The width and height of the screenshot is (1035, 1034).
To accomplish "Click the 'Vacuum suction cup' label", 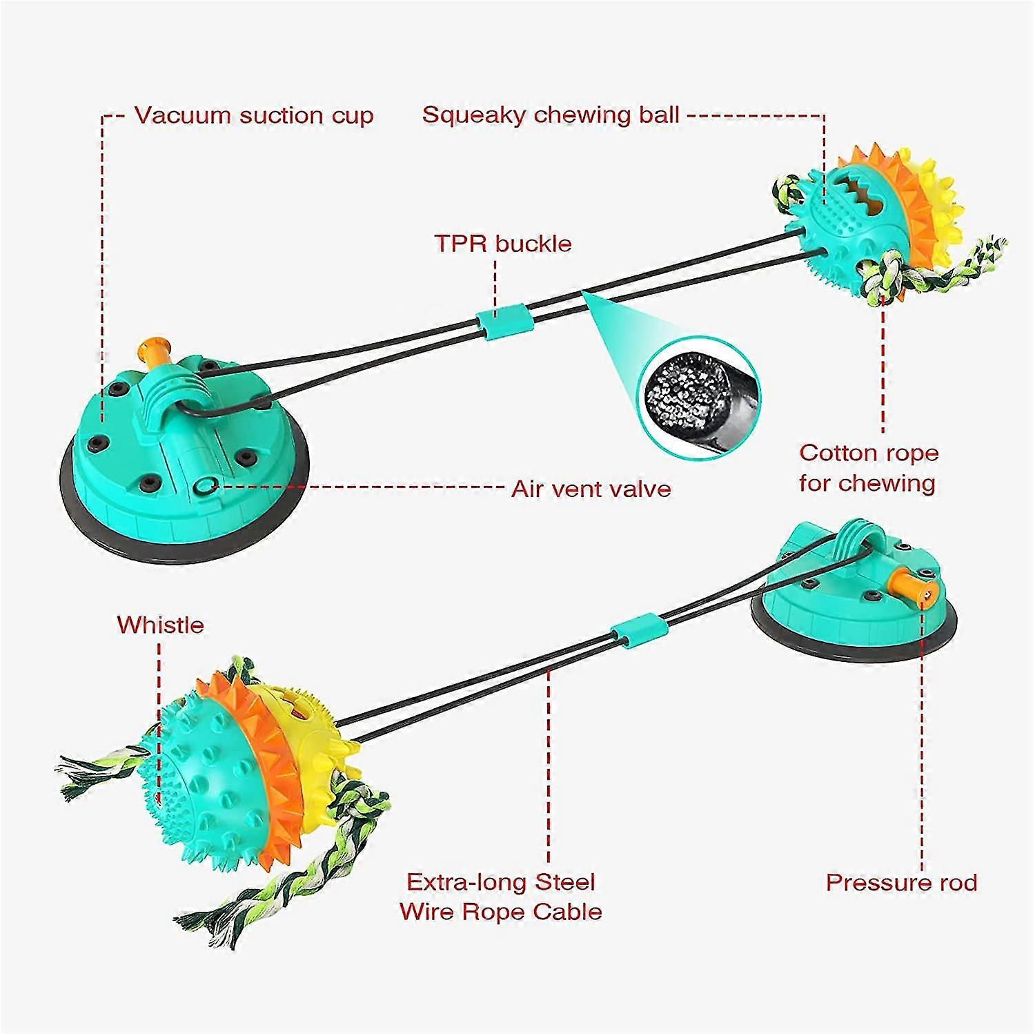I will coord(253,115).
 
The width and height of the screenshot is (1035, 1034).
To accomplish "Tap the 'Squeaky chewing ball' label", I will coord(551,114).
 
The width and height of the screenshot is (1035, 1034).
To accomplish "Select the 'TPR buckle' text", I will coord(503,243).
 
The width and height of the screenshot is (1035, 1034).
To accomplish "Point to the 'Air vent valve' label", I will coord(591,489).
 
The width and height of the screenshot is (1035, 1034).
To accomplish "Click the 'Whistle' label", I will coord(160,625).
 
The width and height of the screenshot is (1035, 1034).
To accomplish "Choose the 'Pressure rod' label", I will coord(901,882).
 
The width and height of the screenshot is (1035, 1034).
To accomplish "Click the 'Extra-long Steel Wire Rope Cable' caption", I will coord(501,897).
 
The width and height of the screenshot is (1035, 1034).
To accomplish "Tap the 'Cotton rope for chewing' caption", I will coord(868,467).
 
